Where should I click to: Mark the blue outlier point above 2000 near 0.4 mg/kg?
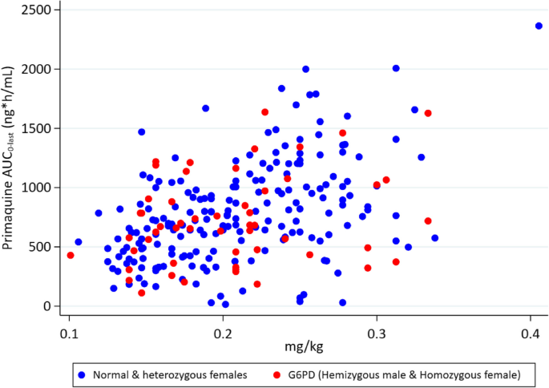click(539, 26)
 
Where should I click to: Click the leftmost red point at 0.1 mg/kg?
click(71, 256)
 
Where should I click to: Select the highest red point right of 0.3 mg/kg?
click(428, 113)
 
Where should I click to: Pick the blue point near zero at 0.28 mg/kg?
click(342, 303)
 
